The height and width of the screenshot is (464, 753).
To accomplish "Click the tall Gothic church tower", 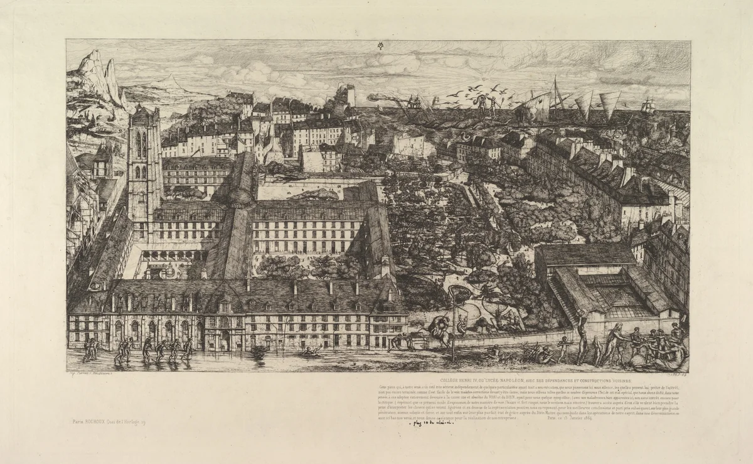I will point(144,163).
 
